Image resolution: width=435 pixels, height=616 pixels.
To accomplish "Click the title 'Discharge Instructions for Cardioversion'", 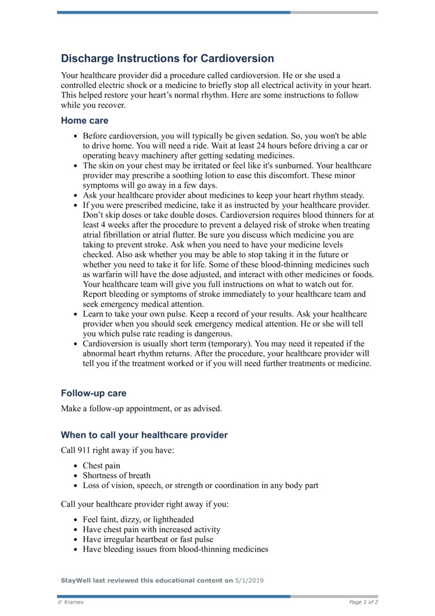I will click(167, 58).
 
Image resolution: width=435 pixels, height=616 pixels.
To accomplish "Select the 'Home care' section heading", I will click(84, 120).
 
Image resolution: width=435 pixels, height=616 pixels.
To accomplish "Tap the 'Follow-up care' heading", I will click(94, 393).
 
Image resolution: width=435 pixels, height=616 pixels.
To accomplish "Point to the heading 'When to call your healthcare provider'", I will click(144, 435).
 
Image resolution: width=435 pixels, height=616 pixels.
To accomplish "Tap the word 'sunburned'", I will click(293, 165).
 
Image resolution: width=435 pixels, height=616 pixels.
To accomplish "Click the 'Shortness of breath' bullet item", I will click(116, 475).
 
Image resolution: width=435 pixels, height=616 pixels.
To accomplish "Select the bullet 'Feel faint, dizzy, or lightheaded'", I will click(138, 520).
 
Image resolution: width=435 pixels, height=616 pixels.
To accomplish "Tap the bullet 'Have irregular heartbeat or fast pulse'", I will click(148, 539).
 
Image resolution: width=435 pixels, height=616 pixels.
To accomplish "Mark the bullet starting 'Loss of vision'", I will click(200, 485).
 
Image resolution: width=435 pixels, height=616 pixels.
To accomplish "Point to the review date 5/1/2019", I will click(249, 581).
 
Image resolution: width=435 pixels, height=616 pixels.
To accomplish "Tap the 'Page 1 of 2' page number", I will click(363, 602).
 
